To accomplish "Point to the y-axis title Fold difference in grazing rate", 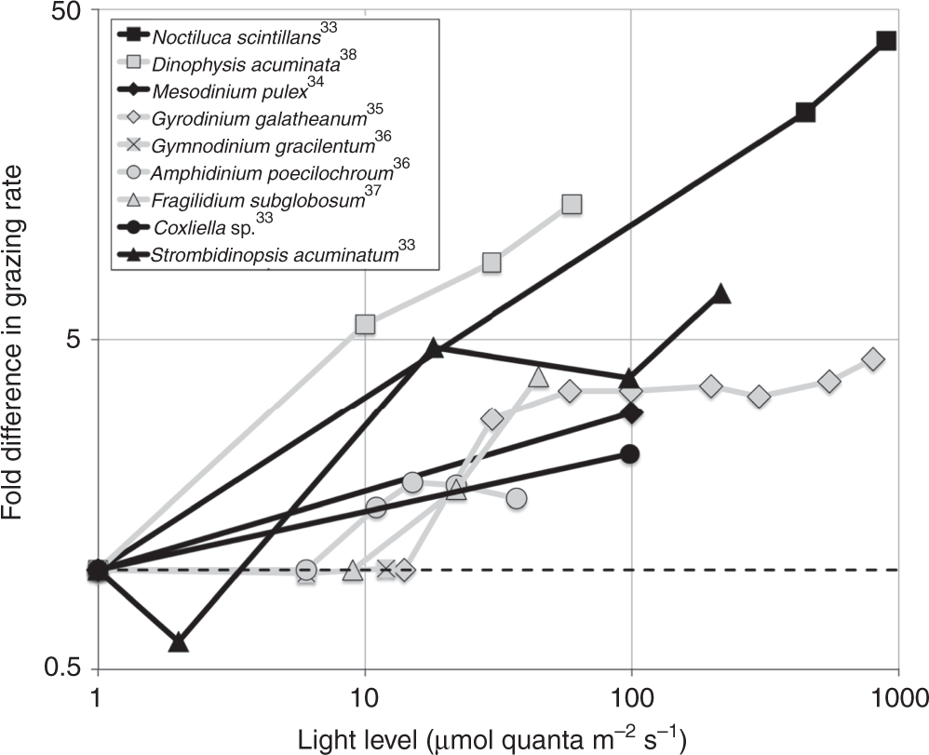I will point(20,340).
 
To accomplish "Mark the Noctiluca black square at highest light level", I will point(886,41).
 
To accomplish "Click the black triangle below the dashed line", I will point(179,642).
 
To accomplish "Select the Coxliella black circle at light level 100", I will point(630,454).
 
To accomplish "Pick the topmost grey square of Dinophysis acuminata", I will point(572,204).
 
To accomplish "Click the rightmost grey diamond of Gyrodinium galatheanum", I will point(873,359).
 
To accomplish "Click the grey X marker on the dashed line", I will point(386,569).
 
